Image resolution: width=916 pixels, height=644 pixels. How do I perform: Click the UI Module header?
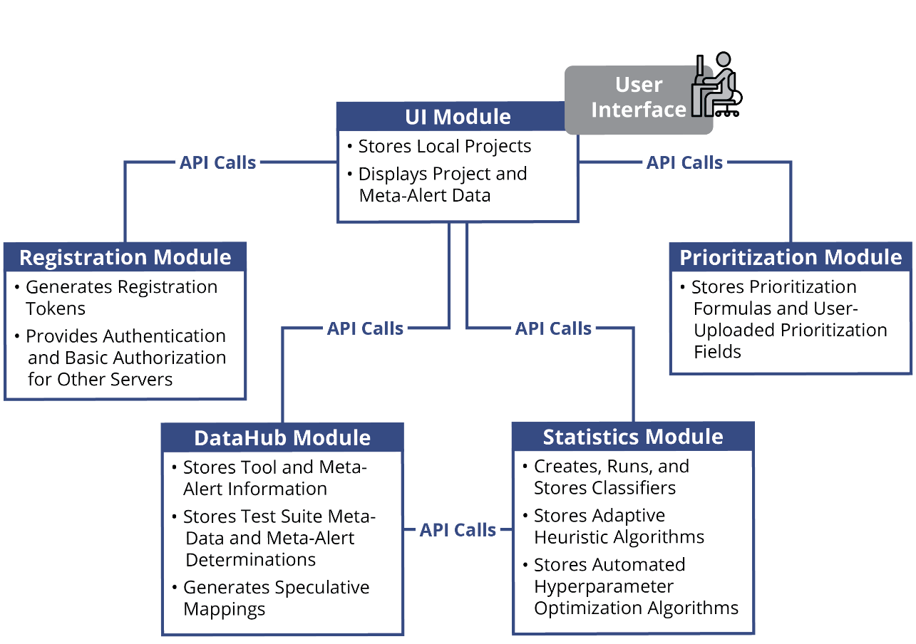[x=458, y=117]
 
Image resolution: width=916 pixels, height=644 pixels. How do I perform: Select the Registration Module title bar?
[x=125, y=257]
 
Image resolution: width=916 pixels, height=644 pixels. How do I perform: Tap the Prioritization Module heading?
[x=791, y=257]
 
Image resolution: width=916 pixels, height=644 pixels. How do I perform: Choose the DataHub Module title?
[x=282, y=437]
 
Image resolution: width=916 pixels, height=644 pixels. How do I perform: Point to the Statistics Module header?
[x=633, y=437]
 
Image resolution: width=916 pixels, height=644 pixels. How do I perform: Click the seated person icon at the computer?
[x=715, y=85]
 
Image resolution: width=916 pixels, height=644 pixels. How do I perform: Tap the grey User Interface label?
[x=637, y=98]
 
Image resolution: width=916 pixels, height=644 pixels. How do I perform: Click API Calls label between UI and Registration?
[x=217, y=162]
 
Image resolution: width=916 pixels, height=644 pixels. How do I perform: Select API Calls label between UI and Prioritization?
[x=684, y=162]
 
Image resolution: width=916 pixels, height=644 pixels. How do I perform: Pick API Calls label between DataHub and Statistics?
[x=458, y=529]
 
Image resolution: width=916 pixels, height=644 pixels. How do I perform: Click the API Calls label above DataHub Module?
[x=366, y=328]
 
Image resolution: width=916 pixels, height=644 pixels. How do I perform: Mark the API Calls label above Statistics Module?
[x=553, y=328]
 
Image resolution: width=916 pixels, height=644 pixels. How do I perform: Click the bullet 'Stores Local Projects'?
[x=444, y=147]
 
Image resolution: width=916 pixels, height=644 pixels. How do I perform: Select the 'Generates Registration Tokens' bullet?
[x=121, y=298]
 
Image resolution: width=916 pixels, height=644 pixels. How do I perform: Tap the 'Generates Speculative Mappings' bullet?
[x=276, y=598]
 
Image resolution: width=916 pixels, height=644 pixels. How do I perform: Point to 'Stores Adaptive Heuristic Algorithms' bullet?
[x=618, y=526]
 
